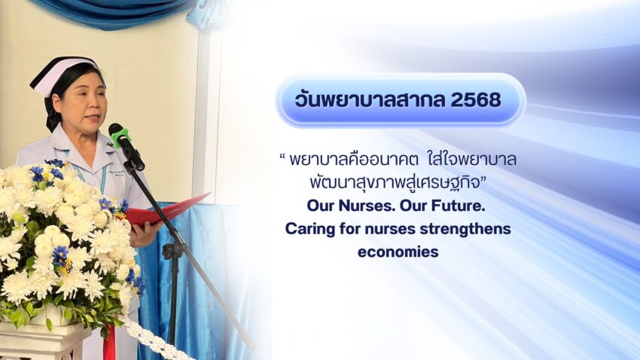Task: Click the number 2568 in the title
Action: (476, 99)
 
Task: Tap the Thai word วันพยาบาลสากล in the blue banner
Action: (370, 99)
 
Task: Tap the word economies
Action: (398, 252)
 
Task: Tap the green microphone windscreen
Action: (119, 134)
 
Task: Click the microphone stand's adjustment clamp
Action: (173, 250)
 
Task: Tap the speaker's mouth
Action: (93, 118)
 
